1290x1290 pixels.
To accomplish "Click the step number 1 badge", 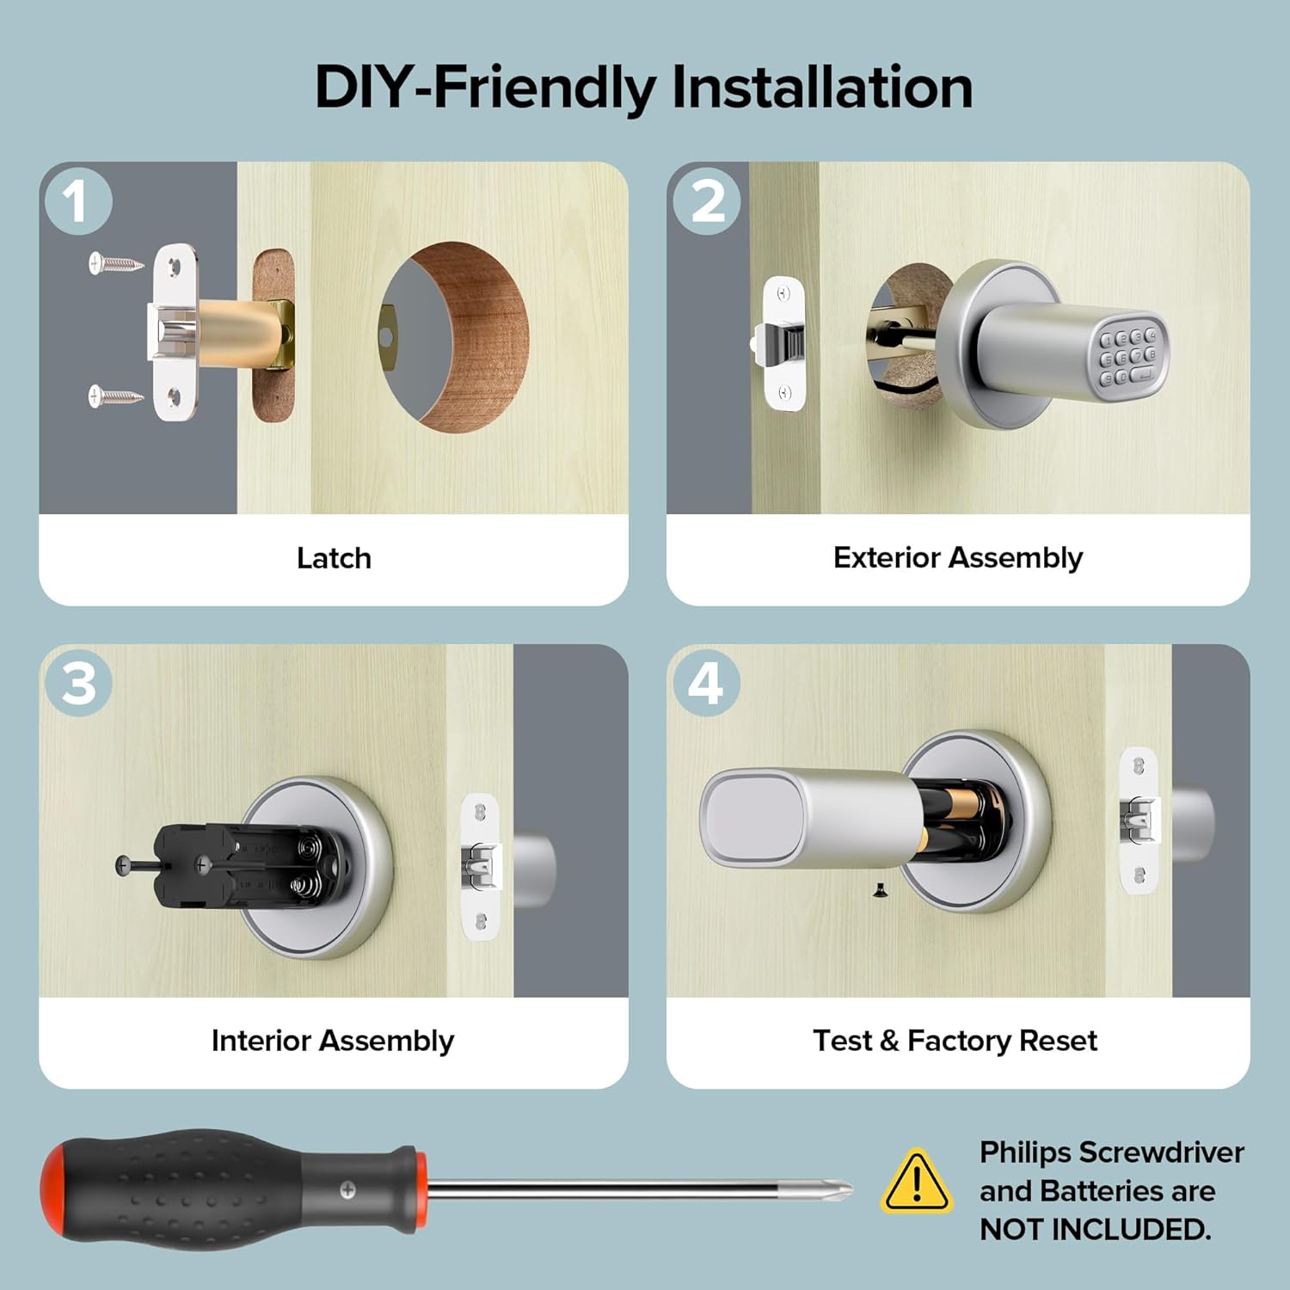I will (x=77, y=201).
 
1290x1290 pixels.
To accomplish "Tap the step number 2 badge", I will (x=707, y=201).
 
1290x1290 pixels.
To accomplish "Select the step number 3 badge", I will (x=78, y=684).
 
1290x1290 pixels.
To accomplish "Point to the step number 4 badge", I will (x=706, y=684).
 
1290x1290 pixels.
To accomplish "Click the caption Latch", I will (x=334, y=558).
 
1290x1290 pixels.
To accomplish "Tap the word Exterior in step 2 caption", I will (x=887, y=557).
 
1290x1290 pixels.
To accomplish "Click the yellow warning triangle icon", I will (x=917, y=1182).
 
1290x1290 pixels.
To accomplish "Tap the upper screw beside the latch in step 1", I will (x=115, y=262).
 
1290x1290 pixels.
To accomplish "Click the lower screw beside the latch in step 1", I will (x=115, y=396).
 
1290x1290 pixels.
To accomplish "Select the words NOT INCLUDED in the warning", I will (x=1095, y=1230).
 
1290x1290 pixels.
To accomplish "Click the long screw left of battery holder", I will (x=138, y=865).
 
